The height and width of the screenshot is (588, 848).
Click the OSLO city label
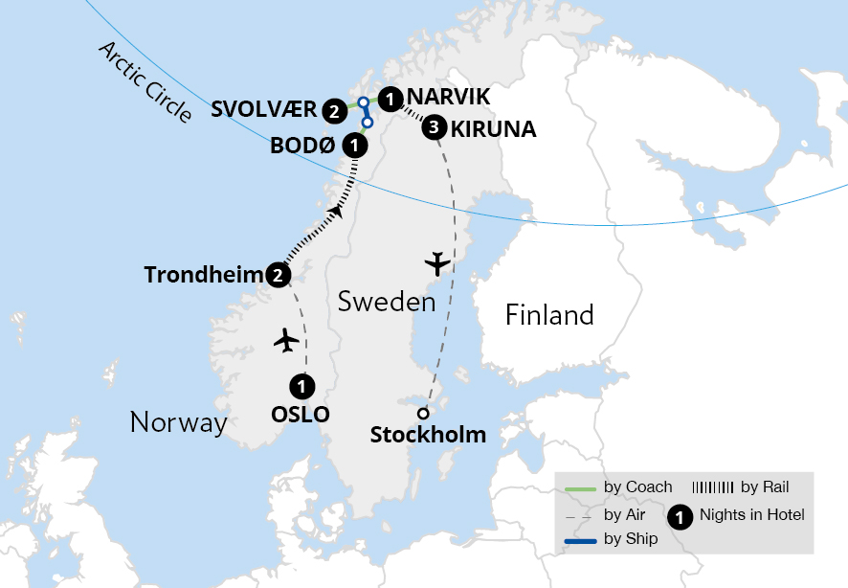(301, 414)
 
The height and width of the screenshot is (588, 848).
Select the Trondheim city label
(204, 275)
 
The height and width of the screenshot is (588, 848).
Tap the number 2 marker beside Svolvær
(334, 110)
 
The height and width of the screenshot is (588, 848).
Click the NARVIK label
(448, 97)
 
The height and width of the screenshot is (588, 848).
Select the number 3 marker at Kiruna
(435, 126)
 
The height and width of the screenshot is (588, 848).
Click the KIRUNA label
(493, 128)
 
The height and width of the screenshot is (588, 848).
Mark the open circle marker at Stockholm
(422, 414)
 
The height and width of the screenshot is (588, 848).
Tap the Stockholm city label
(428, 435)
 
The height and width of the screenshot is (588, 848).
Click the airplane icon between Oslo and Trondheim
(286, 340)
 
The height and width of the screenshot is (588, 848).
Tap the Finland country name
(549, 314)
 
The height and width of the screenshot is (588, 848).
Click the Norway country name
(178, 421)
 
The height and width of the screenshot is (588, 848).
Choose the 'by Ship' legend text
(631, 538)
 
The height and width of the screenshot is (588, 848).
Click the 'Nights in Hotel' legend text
(751, 515)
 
